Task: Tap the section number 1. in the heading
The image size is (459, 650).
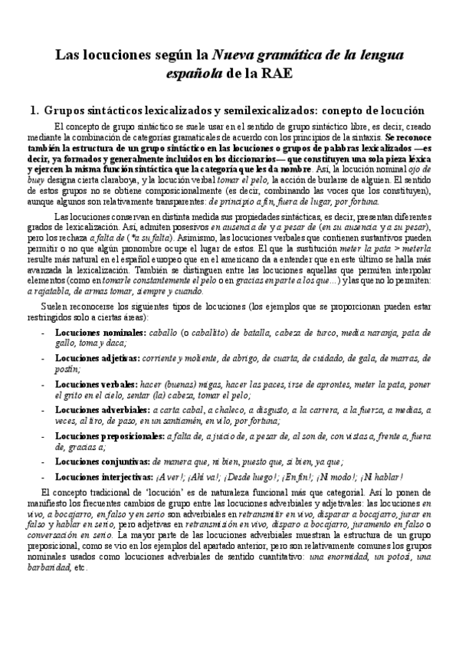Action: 33,110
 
